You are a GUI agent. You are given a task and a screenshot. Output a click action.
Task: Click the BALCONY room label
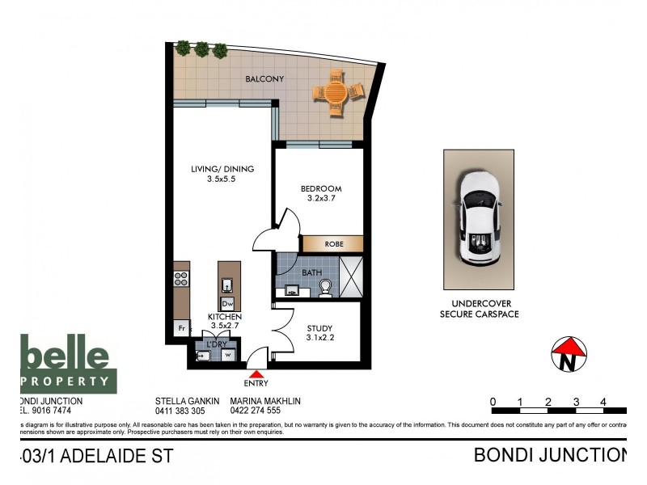point(264,78)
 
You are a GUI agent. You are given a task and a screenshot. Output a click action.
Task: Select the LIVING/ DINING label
point(222,174)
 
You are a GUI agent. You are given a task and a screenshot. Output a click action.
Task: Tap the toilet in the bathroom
point(325,288)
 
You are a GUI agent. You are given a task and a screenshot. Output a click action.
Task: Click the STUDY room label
point(319,333)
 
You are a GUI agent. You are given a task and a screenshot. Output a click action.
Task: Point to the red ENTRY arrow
point(258,373)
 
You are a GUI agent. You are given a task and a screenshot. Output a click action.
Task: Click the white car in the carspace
point(478,218)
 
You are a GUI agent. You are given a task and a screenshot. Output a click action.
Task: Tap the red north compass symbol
point(569,355)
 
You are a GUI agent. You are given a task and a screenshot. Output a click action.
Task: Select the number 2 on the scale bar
point(548,402)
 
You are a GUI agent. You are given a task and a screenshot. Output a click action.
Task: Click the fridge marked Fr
point(180,328)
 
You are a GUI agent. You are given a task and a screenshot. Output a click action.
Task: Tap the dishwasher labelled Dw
point(228,303)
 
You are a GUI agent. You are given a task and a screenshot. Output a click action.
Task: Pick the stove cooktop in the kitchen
point(181,280)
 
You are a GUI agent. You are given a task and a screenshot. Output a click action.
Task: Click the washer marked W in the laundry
point(228,354)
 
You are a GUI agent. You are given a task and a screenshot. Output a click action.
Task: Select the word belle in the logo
point(65,356)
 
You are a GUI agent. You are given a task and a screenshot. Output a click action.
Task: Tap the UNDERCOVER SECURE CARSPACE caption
point(478,308)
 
